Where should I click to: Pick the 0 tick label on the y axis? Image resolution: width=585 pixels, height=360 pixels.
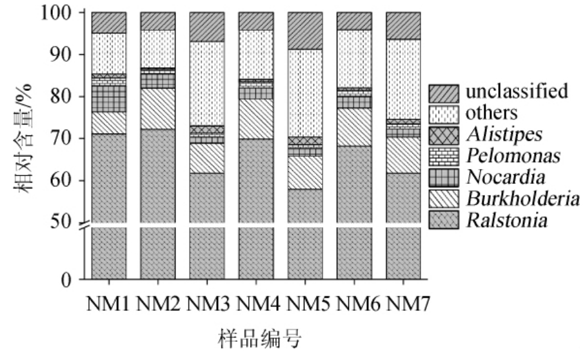coord(74,280)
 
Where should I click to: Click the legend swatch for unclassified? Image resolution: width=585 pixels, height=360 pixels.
coord(444,92)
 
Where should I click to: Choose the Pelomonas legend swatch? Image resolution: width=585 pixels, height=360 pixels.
coord(444,155)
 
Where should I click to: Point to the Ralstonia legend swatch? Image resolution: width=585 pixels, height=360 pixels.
coord(444,221)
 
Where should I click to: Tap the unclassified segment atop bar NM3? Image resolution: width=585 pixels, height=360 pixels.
coord(206,26)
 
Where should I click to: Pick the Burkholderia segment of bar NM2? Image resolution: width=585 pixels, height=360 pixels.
coord(157,108)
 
